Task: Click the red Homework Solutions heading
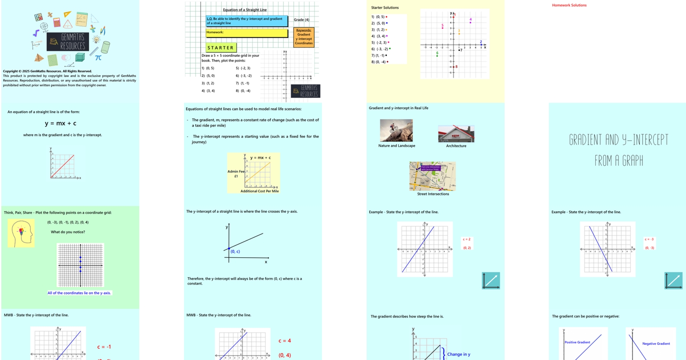(x=569, y=5)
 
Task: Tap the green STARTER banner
(x=220, y=48)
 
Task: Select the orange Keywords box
(x=304, y=37)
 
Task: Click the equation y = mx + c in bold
(x=61, y=124)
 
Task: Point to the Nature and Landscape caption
(x=397, y=146)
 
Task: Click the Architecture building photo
(x=456, y=134)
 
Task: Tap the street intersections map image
(x=433, y=176)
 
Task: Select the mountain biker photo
(x=396, y=131)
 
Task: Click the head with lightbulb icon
(x=21, y=233)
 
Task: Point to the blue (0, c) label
(x=235, y=252)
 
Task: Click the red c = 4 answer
(x=285, y=341)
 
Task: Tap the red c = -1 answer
(x=104, y=347)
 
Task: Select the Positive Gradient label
(x=577, y=342)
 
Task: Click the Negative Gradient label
(x=656, y=344)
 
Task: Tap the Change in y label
(x=458, y=354)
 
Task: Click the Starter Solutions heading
(x=385, y=8)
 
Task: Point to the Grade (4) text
(x=302, y=20)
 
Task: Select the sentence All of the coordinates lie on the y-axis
(x=79, y=293)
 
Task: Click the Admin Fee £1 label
(x=236, y=173)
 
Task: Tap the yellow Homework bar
(x=246, y=33)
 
